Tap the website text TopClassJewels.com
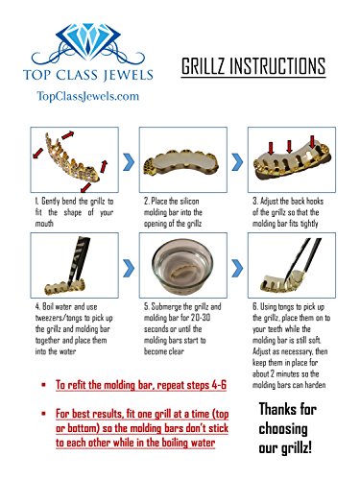pyautogui.click(x=88, y=96)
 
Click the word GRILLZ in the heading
pyautogui.click(x=204, y=66)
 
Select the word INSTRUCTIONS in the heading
pyautogui.click(x=277, y=66)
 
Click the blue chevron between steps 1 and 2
pyautogui.click(x=129, y=162)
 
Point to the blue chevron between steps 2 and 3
pyautogui.click(x=237, y=162)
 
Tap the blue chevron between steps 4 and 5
pyautogui.click(x=129, y=268)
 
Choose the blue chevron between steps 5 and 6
pyautogui.click(x=237, y=268)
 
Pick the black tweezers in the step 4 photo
pyautogui.click(x=76, y=260)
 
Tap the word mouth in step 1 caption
pyautogui.click(x=44, y=224)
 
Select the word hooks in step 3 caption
pyautogui.click(x=315, y=202)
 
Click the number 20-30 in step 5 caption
pyautogui.click(x=201, y=318)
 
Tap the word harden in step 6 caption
pyautogui.click(x=316, y=385)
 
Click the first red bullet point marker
pyautogui.click(x=43, y=384)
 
